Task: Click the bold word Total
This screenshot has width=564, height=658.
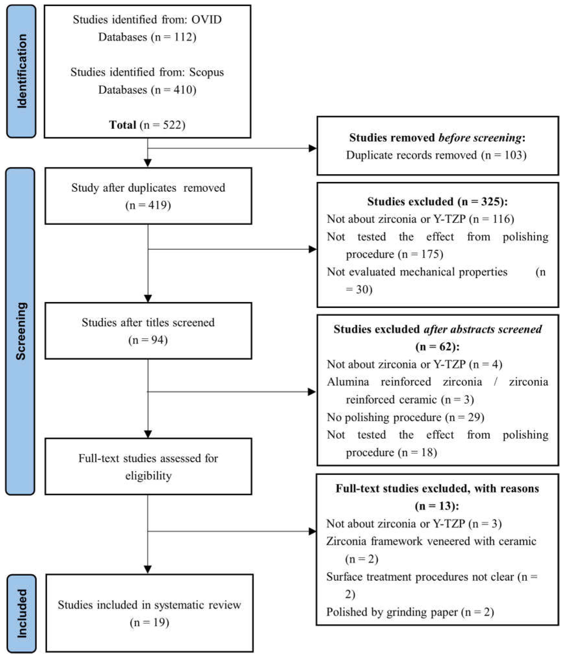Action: coord(123,125)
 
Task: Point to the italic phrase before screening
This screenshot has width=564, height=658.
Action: coord(480,138)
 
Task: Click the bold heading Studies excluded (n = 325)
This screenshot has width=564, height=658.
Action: coord(437,201)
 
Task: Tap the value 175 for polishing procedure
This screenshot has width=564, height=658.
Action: coord(430,254)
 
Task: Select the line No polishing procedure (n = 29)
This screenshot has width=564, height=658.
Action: coord(405,417)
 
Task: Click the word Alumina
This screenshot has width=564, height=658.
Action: coord(348,382)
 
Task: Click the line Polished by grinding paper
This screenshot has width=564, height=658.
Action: coord(410,612)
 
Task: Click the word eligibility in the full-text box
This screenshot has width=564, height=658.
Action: coord(148,476)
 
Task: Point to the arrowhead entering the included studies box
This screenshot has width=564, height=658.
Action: coord(148,569)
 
